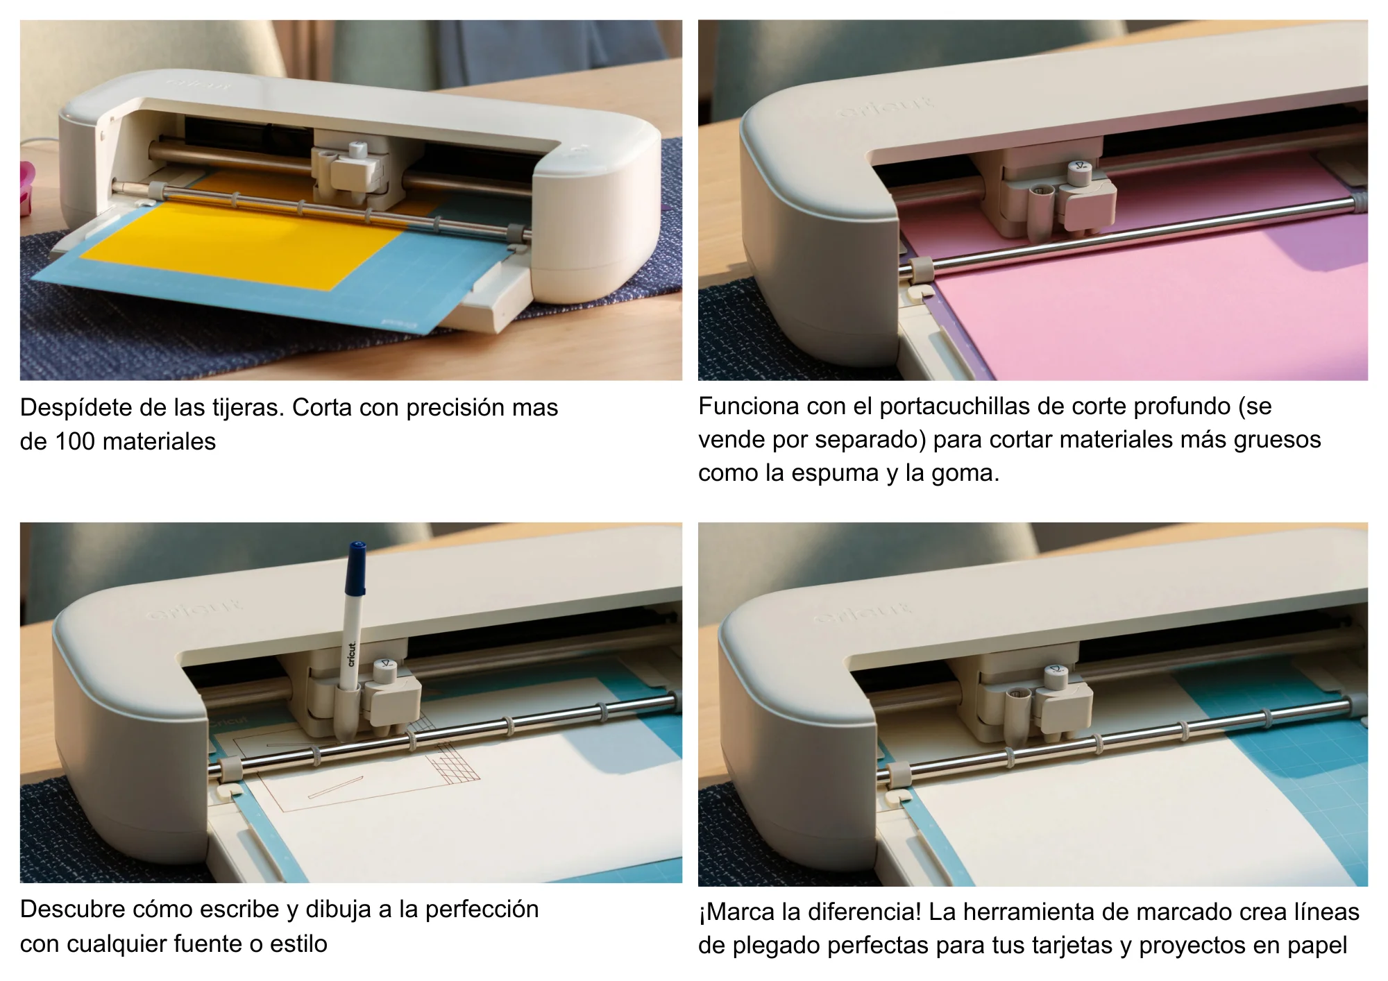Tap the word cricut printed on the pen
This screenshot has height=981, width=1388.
pos(351,654)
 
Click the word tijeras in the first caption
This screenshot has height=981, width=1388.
pos(246,407)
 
